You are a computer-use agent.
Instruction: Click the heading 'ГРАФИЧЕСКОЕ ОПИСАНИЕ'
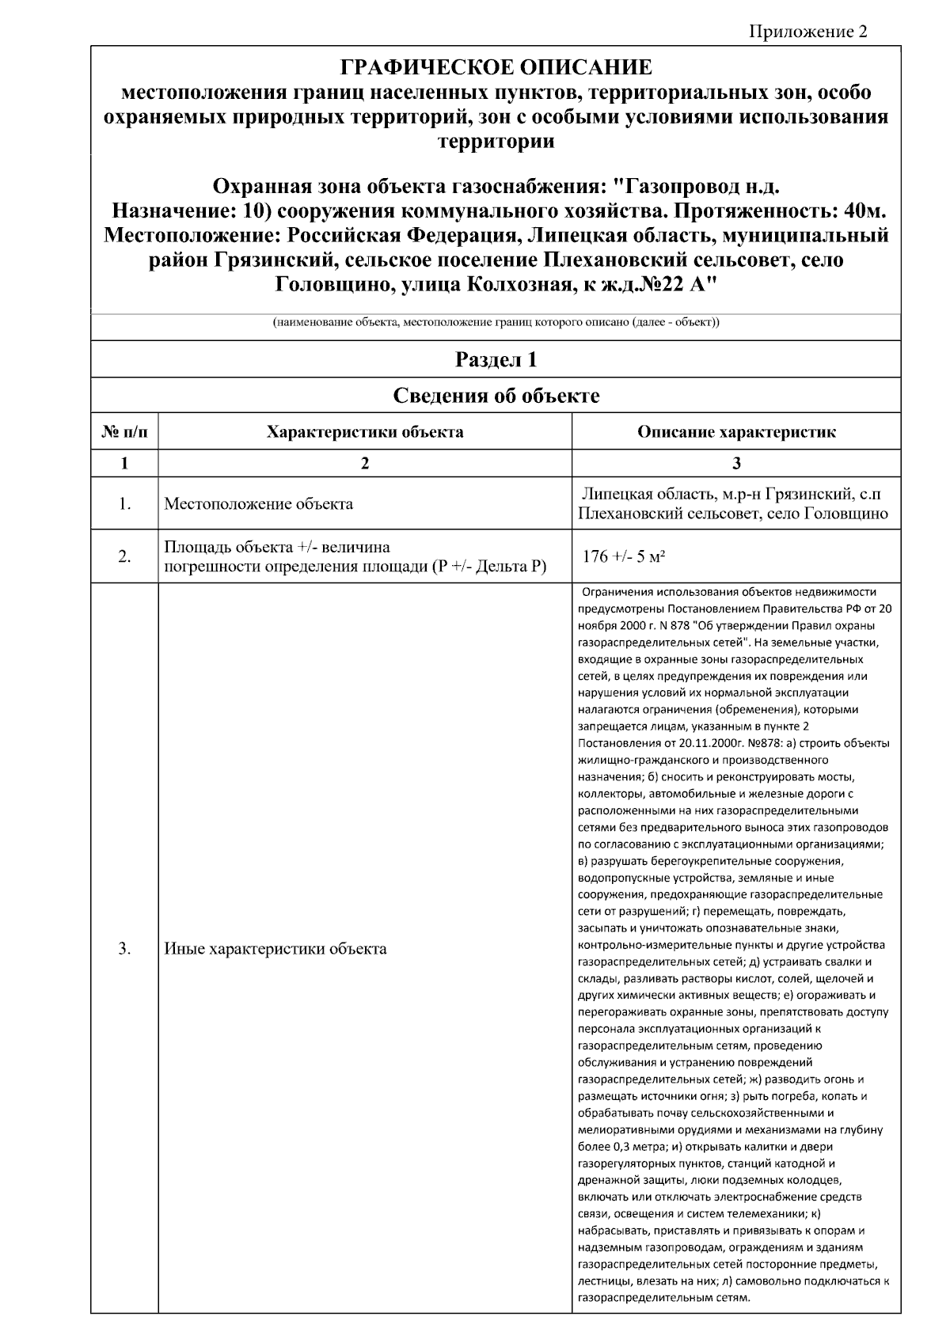[496, 66]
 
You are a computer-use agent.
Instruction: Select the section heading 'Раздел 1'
[496, 360]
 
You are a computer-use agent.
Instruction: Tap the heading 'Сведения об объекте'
[496, 396]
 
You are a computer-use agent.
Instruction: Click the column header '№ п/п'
[124, 432]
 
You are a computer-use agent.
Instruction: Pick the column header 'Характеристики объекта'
[365, 432]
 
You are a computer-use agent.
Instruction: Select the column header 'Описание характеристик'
[736, 432]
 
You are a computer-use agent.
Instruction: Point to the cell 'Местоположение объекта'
[259, 504]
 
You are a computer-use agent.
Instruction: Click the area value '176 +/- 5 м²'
[624, 556]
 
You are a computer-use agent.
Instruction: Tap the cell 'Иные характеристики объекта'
[275, 948]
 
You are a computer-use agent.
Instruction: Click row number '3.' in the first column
[124, 948]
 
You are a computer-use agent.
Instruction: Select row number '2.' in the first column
[124, 556]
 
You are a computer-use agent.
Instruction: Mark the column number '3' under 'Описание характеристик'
[736, 464]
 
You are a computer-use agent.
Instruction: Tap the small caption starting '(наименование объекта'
[496, 323]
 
